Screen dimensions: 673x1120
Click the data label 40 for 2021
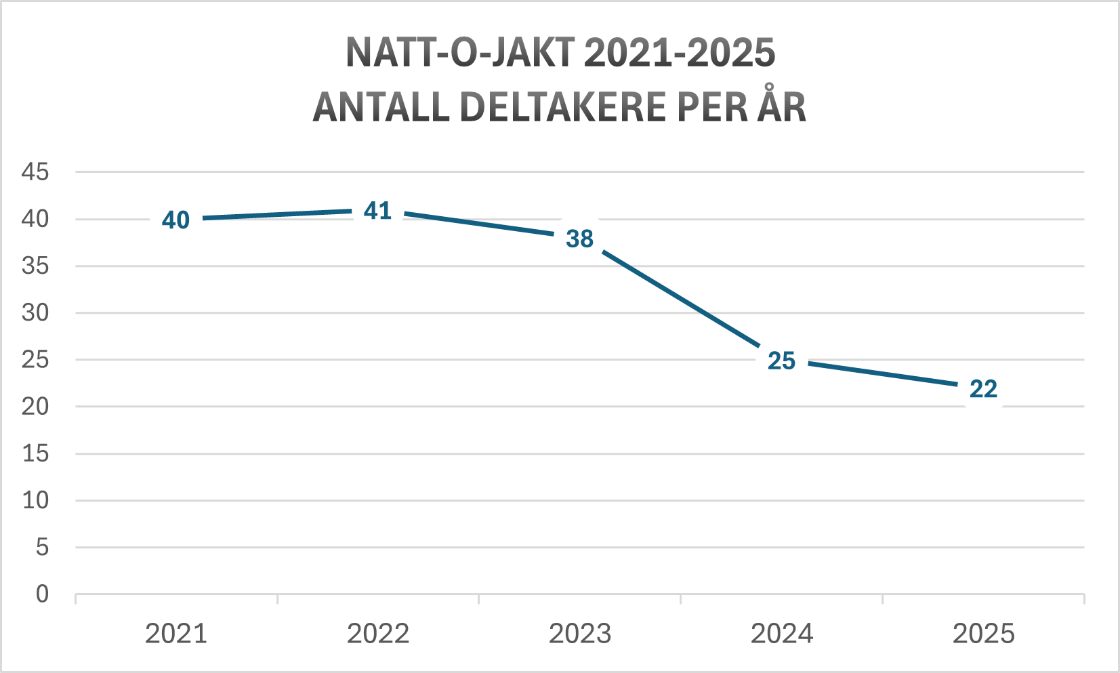[175, 220]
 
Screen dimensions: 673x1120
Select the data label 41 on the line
[377, 211]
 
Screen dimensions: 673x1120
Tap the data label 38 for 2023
[579, 239]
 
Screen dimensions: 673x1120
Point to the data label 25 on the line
[781, 361]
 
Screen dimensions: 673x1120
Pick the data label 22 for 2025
[983, 389]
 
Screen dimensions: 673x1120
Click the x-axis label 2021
[176, 634]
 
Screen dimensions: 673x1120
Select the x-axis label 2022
[378, 634]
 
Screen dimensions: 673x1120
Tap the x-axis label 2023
[580, 634]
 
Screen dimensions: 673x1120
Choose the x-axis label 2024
[782, 634]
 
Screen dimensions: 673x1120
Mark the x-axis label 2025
[984, 634]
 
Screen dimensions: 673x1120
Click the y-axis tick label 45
[35, 172]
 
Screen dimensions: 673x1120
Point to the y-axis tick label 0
[42, 594]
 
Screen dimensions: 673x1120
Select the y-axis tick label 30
[35, 313]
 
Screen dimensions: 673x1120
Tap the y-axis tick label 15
[35, 453]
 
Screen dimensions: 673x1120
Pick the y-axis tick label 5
[42, 547]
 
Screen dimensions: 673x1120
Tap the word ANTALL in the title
[381, 107]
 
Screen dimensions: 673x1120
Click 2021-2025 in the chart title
[680, 53]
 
